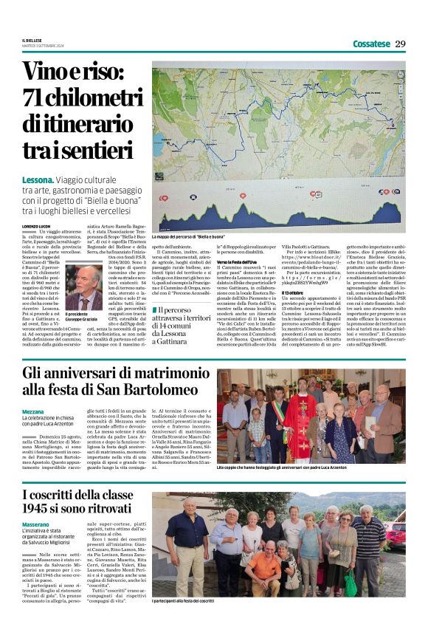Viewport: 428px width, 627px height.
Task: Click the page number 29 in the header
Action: [400, 44]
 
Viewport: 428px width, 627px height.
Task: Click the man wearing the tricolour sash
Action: [278, 420]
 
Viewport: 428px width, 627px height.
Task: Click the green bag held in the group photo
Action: [351, 583]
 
